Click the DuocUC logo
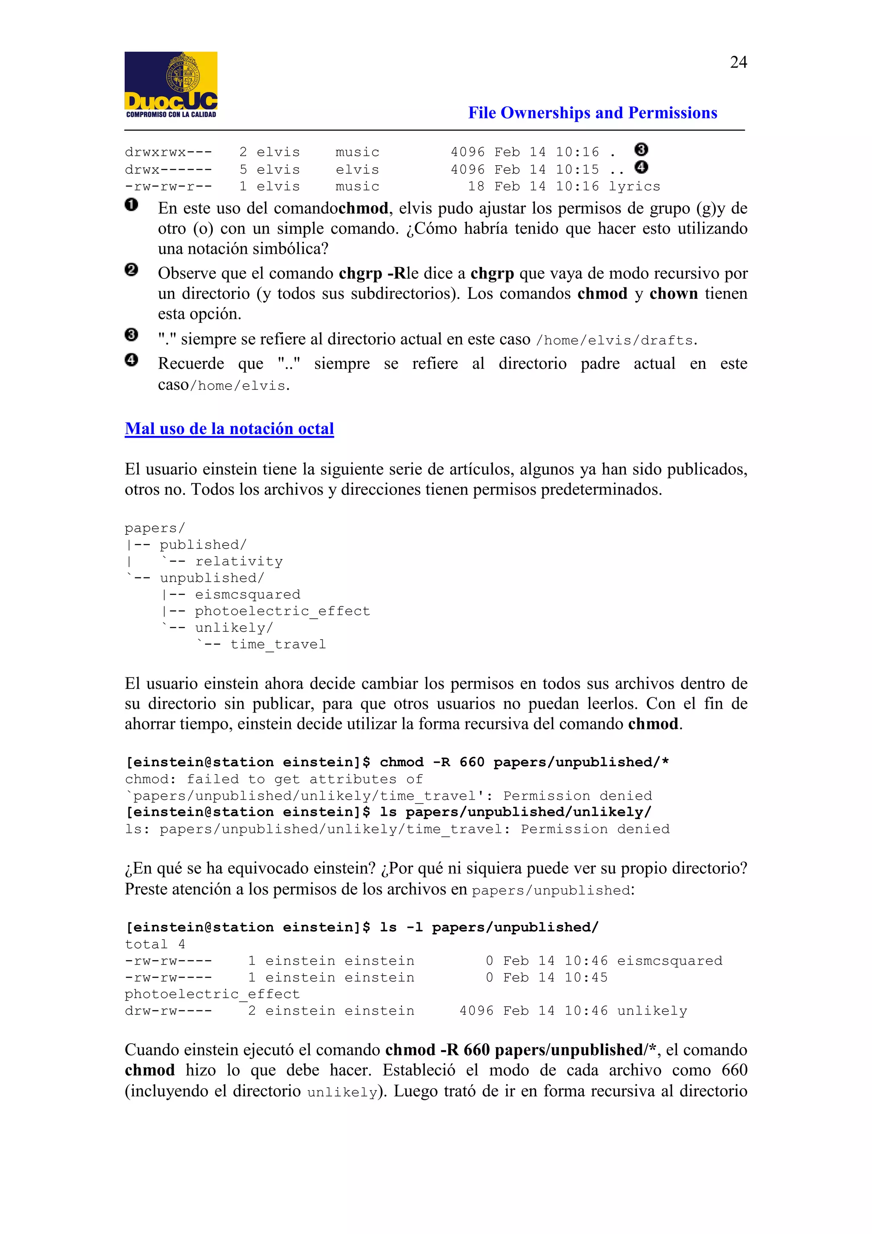(x=171, y=84)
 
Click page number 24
(x=738, y=62)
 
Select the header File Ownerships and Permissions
(x=592, y=113)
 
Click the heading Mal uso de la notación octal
(x=229, y=428)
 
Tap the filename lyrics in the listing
(x=634, y=187)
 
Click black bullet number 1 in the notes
(x=131, y=205)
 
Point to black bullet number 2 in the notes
(x=131, y=270)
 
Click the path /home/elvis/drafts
(x=615, y=341)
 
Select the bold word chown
(x=673, y=294)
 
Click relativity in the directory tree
(x=238, y=562)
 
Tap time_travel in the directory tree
(x=278, y=644)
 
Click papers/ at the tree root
(x=155, y=528)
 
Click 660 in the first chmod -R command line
(x=472, y=762)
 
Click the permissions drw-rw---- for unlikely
(x=168, y=1011)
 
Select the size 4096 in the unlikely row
(x=476, y=1011)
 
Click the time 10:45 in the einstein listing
(x=585, y=978)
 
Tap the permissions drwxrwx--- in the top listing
(x=168, y=152)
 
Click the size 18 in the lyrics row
(x=476, y=187)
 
